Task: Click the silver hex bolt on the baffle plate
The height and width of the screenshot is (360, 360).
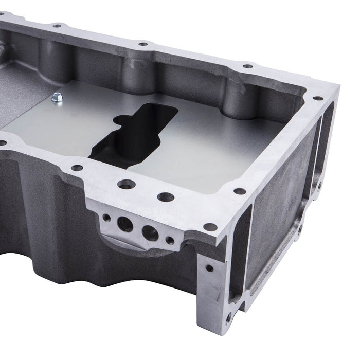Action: tap(57, 97)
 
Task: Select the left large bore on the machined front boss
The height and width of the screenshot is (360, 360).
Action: tap(125, 223)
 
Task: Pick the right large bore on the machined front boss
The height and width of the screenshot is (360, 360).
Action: tap(150, 233)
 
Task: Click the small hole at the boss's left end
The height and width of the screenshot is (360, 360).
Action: tap(106, 217)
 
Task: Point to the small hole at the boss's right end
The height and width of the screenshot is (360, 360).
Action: tap(170, 240)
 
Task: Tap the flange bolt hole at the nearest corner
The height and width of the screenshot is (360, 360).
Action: tap(210, 227)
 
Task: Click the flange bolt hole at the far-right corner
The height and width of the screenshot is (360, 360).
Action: tap(318, 98)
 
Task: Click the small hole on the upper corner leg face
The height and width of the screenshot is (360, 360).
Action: tap(209, 268)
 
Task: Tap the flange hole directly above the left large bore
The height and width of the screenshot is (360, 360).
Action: tap(127, 184)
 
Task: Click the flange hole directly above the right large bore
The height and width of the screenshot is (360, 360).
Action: tap(166, 196)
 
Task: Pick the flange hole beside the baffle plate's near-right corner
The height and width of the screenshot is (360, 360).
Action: tap(240, 191)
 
